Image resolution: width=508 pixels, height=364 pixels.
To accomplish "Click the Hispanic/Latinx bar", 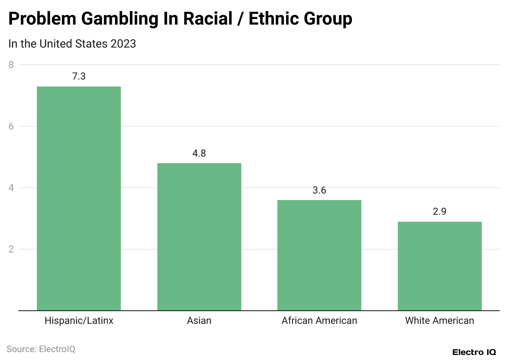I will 79,198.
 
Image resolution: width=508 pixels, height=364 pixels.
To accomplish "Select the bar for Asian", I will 199,237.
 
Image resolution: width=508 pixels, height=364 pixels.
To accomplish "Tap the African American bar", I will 319,255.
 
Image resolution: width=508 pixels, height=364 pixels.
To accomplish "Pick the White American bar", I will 440,266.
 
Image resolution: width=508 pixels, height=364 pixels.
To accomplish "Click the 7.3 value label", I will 79,76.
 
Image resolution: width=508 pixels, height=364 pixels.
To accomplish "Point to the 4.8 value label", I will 199,153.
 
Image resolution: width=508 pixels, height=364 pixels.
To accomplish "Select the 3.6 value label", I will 319,190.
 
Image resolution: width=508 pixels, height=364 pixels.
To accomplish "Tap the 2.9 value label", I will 440,212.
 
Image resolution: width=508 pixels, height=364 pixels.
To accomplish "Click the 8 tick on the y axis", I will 11,65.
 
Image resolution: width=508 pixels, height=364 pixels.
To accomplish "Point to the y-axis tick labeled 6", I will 11,126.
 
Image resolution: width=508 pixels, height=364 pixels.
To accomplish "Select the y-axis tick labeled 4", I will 11,188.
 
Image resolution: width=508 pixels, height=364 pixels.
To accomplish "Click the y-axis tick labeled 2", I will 11,249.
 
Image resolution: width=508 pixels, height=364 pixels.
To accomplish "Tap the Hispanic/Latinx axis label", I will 79,321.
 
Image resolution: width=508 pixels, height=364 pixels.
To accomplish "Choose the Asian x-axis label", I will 199,321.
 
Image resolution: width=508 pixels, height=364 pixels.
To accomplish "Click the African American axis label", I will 319,321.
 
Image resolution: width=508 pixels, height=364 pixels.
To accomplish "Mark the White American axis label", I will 440,321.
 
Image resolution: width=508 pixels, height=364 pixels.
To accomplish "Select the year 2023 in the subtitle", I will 123,44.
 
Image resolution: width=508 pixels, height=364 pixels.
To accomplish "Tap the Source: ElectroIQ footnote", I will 41,349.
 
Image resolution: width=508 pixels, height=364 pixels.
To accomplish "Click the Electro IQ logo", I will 474,352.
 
